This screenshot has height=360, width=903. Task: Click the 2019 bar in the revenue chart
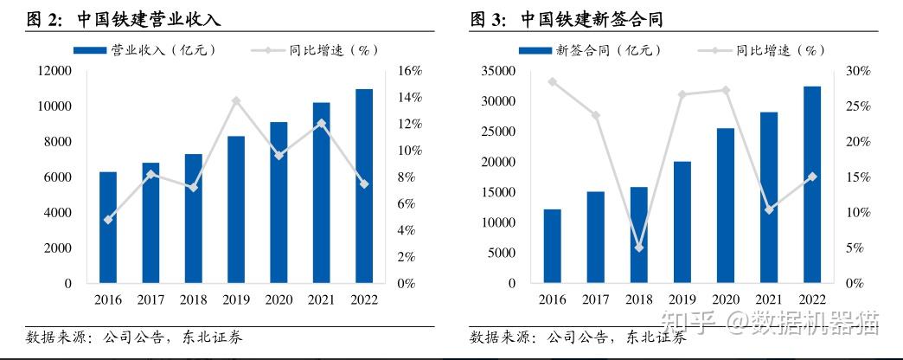[236, 209]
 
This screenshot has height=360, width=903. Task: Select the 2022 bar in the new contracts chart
[811, 184]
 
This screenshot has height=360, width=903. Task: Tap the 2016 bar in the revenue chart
[108, 227]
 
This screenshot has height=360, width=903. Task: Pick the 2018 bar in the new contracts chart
[638, 235]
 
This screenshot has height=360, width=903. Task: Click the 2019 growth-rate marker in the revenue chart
[236, 100]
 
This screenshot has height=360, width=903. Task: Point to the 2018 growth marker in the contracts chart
[638, 247]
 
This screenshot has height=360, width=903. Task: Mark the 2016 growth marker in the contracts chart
[552, 81]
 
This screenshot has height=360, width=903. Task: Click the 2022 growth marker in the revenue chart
[364, 183]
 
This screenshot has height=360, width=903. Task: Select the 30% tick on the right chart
[854, 71]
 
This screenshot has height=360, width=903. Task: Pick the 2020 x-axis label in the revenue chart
[279, 299]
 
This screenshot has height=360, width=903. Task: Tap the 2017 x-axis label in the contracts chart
[595, 299]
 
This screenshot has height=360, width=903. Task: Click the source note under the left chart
[134, 337]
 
